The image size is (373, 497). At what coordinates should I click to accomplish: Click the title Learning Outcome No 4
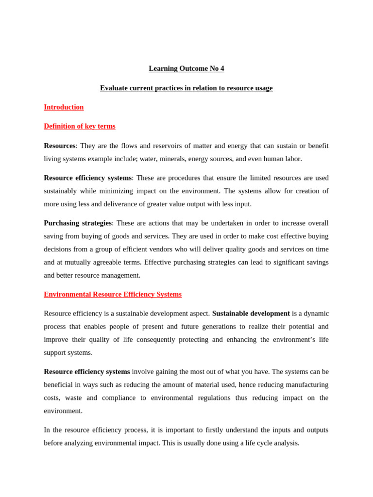click(x=186, y=68)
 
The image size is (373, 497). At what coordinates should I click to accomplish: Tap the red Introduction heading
click(x=64, y=107)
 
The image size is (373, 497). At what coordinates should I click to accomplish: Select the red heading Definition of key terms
click(x=80, y=126)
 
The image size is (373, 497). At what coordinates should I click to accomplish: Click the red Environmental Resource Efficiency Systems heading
click(x=113, y=294)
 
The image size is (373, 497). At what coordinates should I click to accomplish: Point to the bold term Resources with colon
click(x=60, y=146)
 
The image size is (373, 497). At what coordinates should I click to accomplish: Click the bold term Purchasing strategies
click(x=78, y=223)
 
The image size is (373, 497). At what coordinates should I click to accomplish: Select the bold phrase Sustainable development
click(x=251, y=314)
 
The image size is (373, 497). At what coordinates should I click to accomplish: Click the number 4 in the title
click(x=222, y=68)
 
